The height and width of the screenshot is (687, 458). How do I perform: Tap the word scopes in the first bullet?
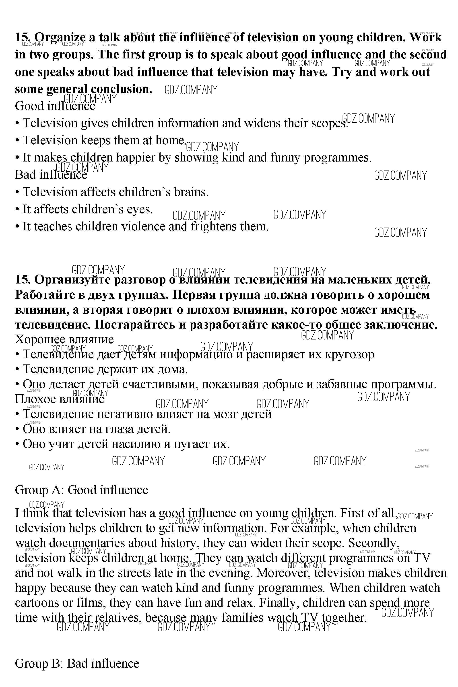[x=329, y=123]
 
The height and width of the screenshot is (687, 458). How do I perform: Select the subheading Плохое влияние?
[x=60, y=399]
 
